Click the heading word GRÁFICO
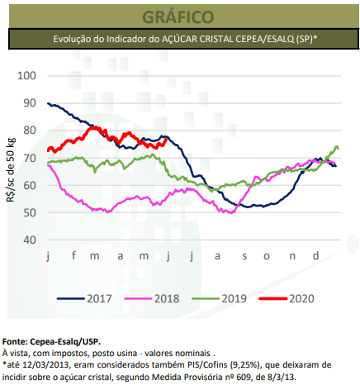point(179,17)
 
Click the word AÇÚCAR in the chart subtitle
point(198,39)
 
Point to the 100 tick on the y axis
point(28,76)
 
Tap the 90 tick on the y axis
point(31,103)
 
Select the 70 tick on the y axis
point(31,158)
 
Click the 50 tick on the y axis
point(31,212)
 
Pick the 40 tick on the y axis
point(31,240)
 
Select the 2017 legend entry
point(91,297)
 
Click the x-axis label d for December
point(315,256)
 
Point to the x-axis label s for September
point(243,256)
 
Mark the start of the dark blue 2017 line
point(49,103)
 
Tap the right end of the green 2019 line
point(339,149)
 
